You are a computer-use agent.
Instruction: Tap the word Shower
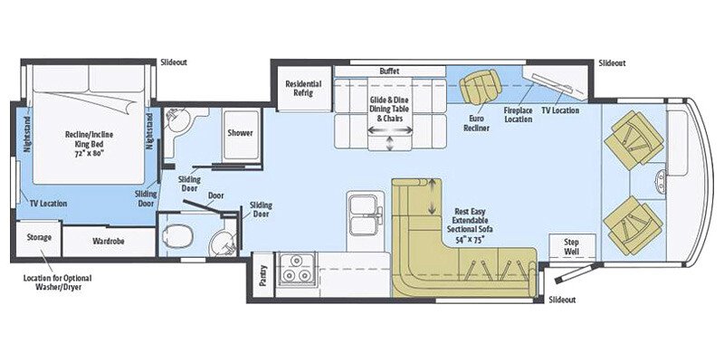click(240, 133)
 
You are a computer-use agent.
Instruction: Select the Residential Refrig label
click(303, 89)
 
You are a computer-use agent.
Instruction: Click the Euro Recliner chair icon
click(475, 89)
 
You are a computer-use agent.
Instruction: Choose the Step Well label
click(572, 245)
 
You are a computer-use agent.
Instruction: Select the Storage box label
click(38, 237)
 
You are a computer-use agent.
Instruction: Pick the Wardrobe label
click(107, 242)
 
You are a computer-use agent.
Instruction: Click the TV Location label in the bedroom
click(50, 204)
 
